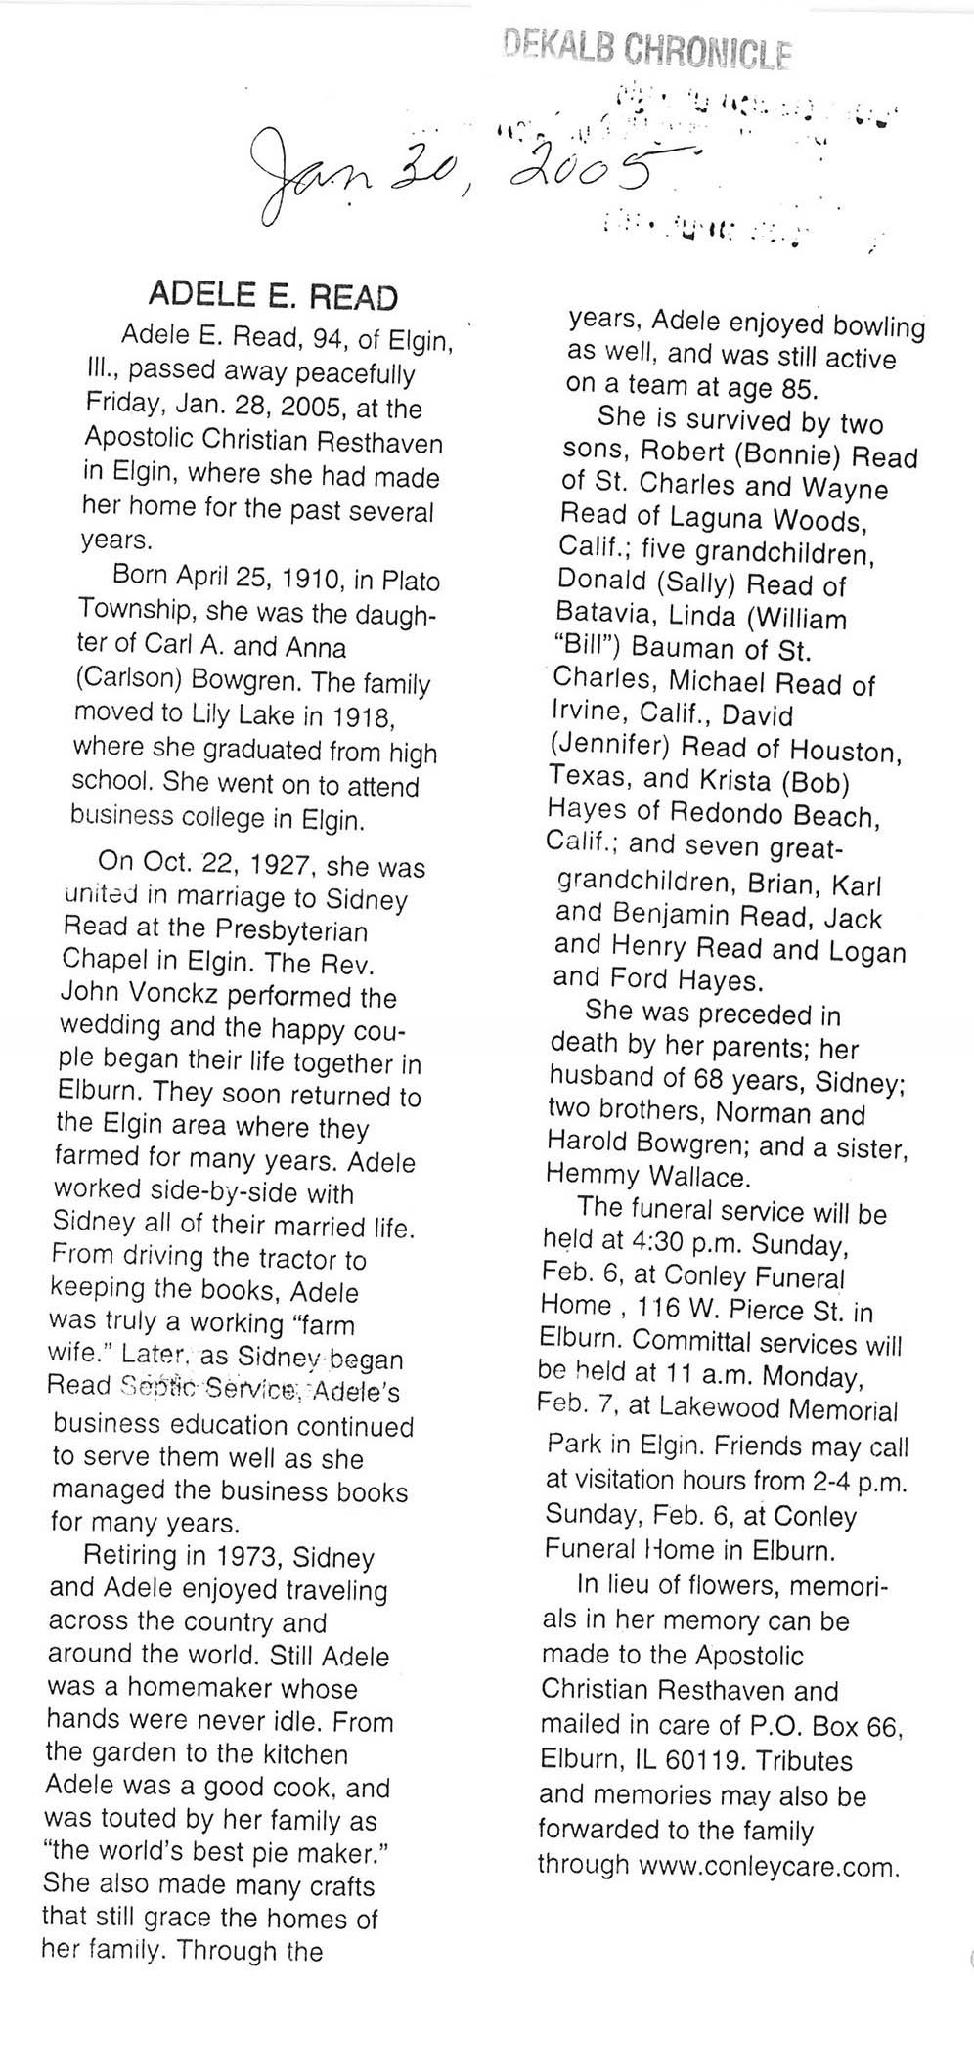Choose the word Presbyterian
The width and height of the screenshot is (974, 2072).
pos(288,929)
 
